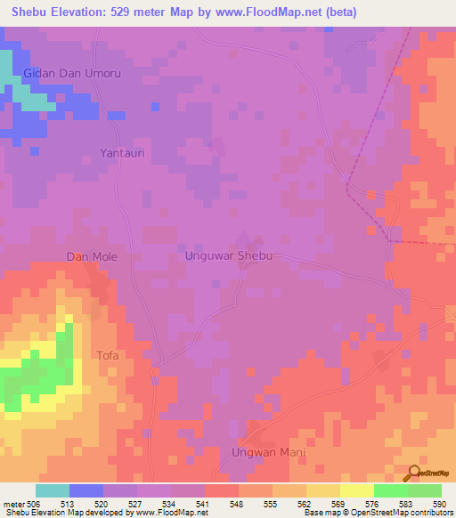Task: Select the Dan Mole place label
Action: coord(93,256)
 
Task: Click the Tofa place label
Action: coord(107,355)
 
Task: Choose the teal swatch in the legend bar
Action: coord(53,490)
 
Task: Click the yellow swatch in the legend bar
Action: coord(356,490)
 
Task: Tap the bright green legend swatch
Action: coord(390,490)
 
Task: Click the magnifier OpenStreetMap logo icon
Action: coord(414,473)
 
